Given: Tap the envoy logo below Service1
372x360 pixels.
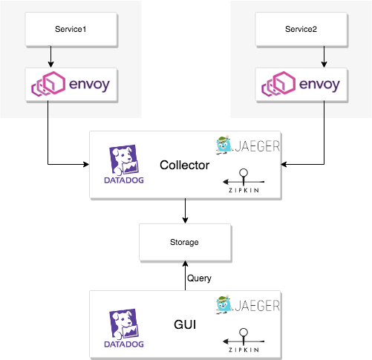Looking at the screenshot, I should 70,85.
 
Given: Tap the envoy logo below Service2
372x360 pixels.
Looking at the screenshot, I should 300,85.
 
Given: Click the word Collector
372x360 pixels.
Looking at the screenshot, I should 184,164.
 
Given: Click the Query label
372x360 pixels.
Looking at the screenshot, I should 199,278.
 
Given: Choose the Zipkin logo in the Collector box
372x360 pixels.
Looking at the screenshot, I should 242,181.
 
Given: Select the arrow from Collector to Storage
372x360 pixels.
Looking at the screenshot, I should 184,211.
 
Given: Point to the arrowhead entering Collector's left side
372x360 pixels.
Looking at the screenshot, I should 85,163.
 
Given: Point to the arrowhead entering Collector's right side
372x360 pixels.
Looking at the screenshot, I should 285,163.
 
